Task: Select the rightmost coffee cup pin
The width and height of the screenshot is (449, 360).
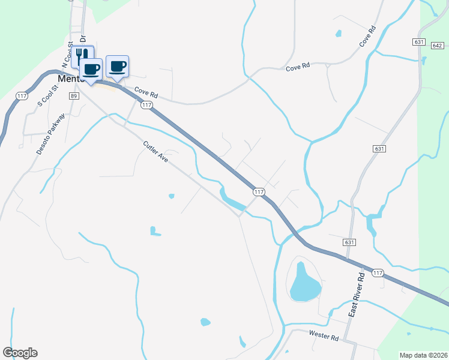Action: (x=118, y=67)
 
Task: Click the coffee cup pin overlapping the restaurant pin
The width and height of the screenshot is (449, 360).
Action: (x=91, y=70)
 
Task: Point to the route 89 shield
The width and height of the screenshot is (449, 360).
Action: (x=74, y=96)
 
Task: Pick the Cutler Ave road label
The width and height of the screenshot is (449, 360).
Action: (x=155, y=153)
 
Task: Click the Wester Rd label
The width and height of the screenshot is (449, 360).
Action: (x=324, y=335)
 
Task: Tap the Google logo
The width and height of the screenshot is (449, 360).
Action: (x=20, y=353)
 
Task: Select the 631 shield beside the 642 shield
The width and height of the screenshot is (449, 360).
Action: (x=419, y=41)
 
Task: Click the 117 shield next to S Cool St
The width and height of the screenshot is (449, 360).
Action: (x=22, y=96)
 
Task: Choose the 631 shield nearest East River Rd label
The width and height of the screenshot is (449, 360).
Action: (x=351, y=242)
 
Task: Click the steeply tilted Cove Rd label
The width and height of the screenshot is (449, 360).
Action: (x=367, y=37)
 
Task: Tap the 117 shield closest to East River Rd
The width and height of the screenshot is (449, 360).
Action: (x=377, y=273)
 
